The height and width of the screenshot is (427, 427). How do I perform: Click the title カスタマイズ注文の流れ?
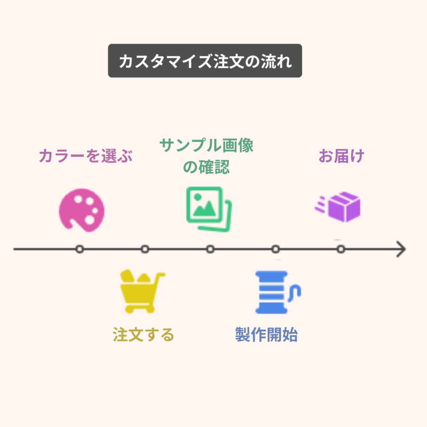click(x=205, y=61)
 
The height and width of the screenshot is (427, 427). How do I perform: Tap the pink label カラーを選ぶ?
click(x=86, y=156)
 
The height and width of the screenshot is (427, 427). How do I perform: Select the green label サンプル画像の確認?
click(x=206, y=156)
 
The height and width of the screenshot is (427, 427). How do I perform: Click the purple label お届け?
click(x=341, y=156)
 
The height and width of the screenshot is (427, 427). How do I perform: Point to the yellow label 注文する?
click(x=143, y=335)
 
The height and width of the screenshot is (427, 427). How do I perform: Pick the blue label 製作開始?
click(x=266, y=335)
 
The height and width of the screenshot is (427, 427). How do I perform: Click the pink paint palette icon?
click(x=81, y=210)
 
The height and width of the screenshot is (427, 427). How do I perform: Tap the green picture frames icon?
click(x=209, y=209)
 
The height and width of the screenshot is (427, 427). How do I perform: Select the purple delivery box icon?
click(x=344, y=207)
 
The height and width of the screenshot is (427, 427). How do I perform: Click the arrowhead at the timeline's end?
click(x=401, y=249)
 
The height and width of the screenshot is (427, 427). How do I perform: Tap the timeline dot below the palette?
click(x=79, y=249)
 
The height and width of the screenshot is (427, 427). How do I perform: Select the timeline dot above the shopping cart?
click(x=145, y=249)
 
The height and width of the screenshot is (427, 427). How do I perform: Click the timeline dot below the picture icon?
click(x=210, y=249)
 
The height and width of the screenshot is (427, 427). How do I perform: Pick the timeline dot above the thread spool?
click(x=276, y=249)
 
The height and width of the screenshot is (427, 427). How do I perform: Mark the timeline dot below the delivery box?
click(x=341, y=249)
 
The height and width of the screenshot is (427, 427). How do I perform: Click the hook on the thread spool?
click(x=295, y=292)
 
